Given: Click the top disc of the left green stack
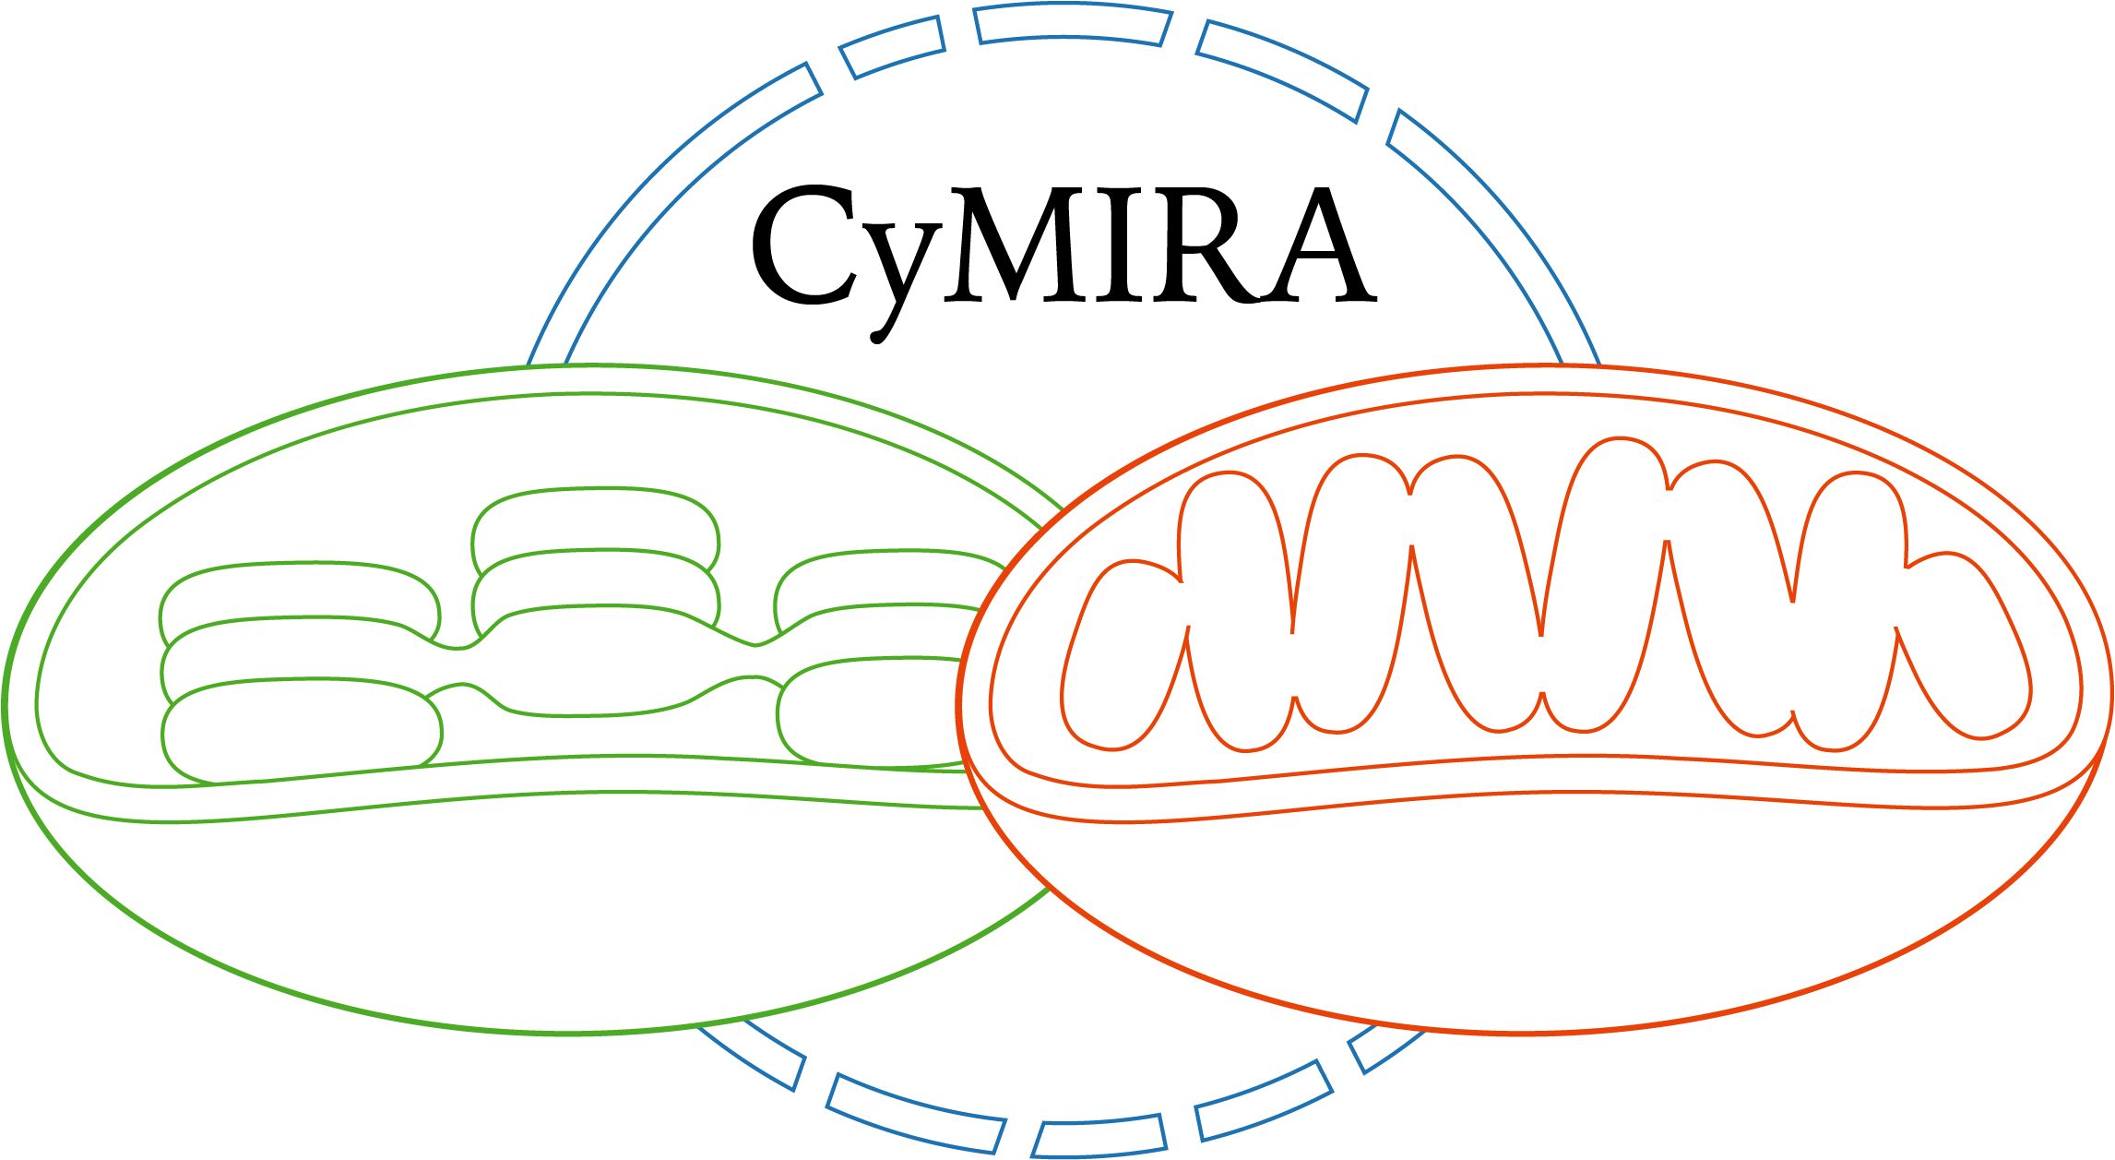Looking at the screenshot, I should [300, 591].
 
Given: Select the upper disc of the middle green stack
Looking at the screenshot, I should [595, 521].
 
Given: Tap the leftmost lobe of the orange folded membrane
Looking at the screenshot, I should [1121, 655].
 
